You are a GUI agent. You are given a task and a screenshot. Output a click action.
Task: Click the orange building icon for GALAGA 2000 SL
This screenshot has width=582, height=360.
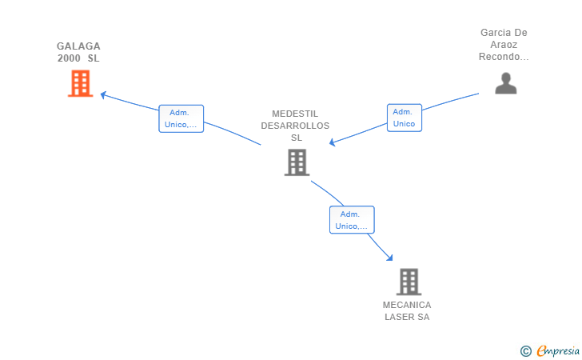pyautogui.click(x=80, y=83)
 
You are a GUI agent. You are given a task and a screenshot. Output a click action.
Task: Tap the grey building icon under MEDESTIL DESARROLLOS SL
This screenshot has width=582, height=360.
pyautogui.click(x=297, y=162)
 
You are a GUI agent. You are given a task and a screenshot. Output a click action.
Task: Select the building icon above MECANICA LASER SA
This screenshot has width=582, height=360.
pyautogui.click(x=409, y=282)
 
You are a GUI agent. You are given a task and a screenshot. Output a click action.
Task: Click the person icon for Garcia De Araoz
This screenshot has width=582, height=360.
pyautogui.click(x=506, y=83)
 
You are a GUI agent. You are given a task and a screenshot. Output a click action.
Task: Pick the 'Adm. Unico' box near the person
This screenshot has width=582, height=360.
pyautogui.click(x=405, y=118)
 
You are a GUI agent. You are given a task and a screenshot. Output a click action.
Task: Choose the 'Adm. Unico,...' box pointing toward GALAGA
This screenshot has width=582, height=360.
pyautogui.click(x=181, y=118)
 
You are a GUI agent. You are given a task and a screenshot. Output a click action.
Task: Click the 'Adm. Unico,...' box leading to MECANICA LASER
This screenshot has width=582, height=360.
pyautogui.click(x=352, y=220)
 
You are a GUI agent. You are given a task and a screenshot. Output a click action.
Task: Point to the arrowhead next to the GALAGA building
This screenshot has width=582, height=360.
pyautogui.click(x=103, y=95)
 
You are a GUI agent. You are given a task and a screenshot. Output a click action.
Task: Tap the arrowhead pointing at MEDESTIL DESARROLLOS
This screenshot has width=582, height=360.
pyautogui.click(x=333, y=142)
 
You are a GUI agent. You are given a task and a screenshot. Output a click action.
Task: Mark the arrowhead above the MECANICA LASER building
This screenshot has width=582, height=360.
pyautogui.click(x=389, y=258)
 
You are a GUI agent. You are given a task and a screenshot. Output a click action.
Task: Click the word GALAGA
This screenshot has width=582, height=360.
pyautogui.click(x=78, y=46)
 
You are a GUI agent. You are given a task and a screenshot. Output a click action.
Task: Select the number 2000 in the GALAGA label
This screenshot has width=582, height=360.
pyautogui.click(x=69, y=58)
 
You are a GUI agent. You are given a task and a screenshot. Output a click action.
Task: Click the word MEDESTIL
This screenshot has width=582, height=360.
pyautogui.click(x=295, y=114)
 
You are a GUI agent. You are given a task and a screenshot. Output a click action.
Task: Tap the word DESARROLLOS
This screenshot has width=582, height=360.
pyautogui.click(x=295, y=126)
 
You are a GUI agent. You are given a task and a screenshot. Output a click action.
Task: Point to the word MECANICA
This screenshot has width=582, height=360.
pyautogui.click(x=407, y=305)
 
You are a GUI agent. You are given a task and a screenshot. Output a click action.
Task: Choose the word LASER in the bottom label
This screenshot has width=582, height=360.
pyautogui.click(x=398, y=317)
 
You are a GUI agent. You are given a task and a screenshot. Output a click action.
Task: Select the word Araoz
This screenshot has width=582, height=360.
pyautogui.click(x=504, y=45)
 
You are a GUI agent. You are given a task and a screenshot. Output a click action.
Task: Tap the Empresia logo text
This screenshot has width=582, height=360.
pyautogui.click(x=558, y=350)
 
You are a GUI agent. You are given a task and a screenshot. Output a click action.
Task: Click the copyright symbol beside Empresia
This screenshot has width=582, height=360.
pyautogui.click(x=526, y=351)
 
